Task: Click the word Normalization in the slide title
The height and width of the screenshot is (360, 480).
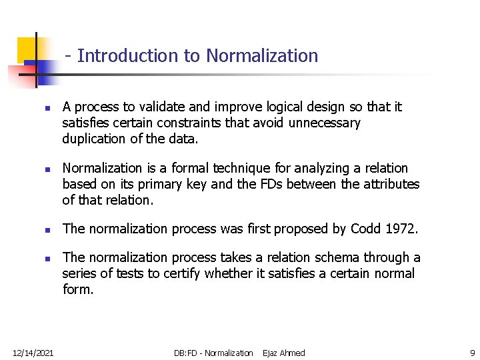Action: tap(262, 56)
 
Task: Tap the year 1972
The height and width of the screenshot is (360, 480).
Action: tap(401, 229)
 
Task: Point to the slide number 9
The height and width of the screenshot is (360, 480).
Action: tap(472, 353)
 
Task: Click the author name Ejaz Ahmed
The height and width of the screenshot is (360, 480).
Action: tap(284, 353)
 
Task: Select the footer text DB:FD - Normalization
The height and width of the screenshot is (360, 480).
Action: tap(213, 353)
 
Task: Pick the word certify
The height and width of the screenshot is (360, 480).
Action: tap(181, 273)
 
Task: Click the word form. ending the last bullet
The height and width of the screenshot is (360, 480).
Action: tap(78, 289)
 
